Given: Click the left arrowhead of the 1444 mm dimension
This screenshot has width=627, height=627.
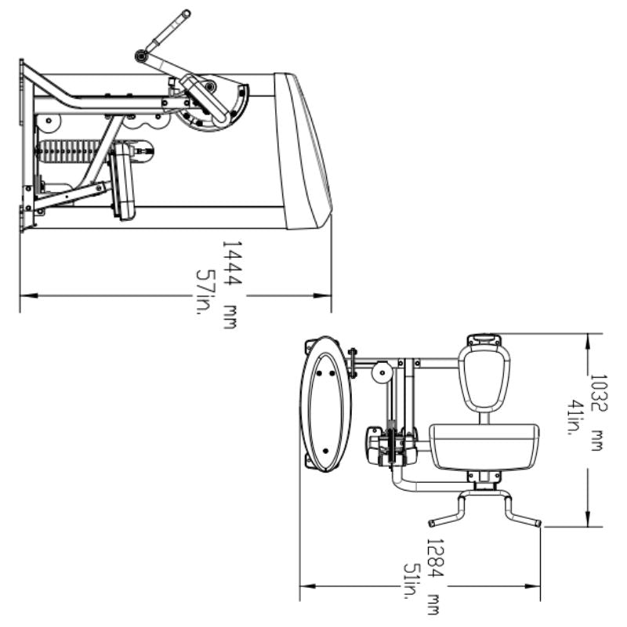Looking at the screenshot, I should point(25,296).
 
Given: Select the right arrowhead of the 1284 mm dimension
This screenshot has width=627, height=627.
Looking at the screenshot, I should point(536,585).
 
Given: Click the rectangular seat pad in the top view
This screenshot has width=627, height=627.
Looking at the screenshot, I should point(484,447).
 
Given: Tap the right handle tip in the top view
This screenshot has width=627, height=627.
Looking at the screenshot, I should point(537,523).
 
